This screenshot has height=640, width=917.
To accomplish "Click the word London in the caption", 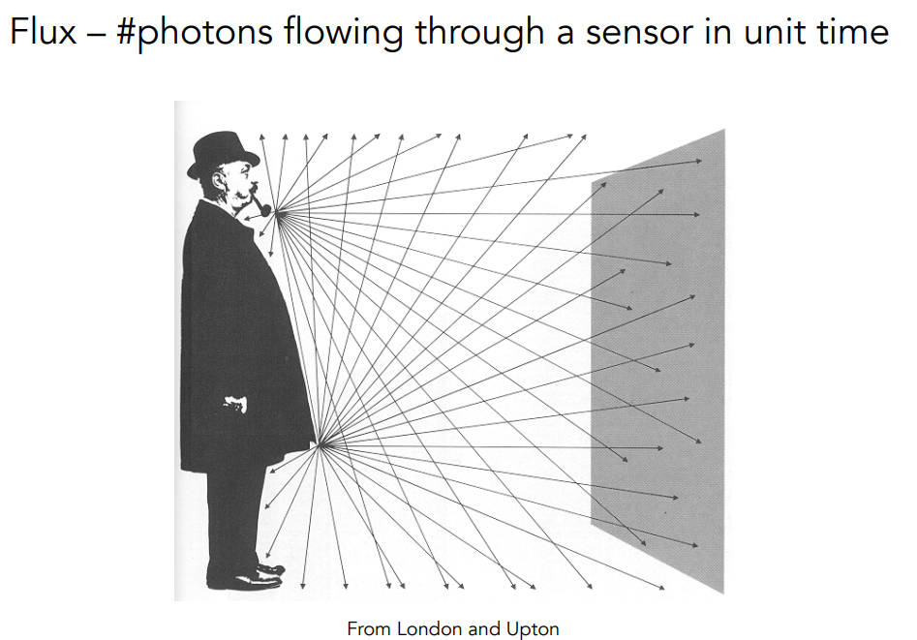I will tap(428, 628).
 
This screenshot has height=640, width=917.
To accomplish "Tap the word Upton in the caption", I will tap(533, 629).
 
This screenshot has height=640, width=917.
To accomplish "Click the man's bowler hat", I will tap(223, 155).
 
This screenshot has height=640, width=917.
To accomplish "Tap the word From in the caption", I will tap(369, 628).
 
